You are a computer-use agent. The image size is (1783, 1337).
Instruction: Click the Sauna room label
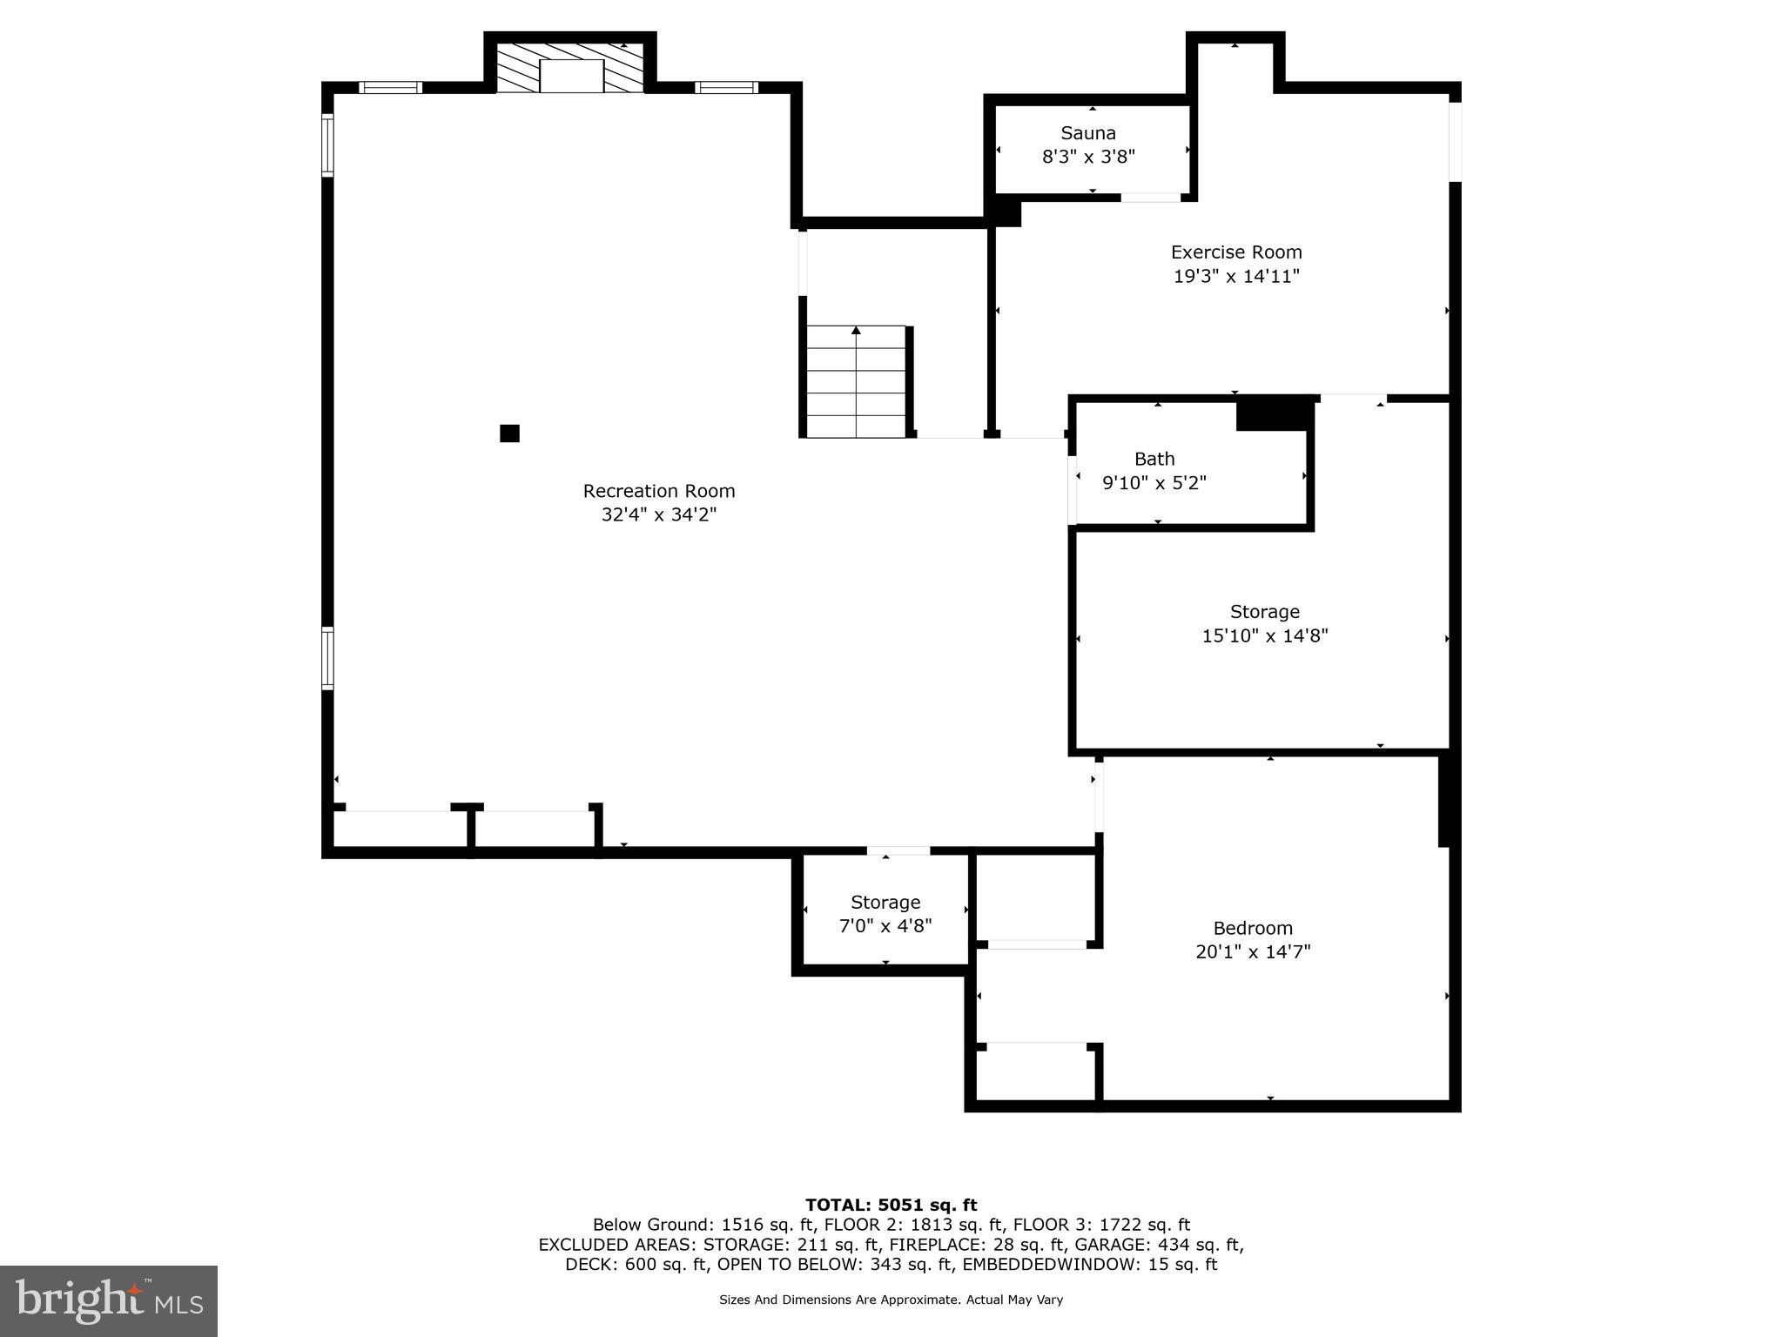click(x=1088, y=133)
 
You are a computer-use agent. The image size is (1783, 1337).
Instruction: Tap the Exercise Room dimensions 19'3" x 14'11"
click(x=1236, y=277)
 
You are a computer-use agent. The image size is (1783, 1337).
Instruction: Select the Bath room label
click(x=1154, y=459)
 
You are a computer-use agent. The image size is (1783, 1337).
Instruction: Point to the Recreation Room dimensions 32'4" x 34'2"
click(x=658, y=515)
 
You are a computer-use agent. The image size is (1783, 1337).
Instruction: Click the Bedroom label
click(x=1253, y=928)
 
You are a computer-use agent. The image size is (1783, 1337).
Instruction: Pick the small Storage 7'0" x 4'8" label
click(x=885, y=903)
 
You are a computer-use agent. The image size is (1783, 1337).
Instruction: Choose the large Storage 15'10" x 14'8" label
click(x=1264, y=612)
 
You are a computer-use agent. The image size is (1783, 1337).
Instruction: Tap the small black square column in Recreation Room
click(x=509, y=433)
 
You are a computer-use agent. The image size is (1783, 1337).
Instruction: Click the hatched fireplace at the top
click(x=570, y=67)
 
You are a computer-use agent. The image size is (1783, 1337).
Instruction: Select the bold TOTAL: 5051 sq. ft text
click(x=891, y=1205)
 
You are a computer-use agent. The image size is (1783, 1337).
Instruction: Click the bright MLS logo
click(x=109, y=1300)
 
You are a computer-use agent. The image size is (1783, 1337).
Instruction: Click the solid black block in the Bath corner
click(x=1275, y=413)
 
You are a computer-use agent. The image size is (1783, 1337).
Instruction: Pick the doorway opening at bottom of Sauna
click(x=1150, y=198)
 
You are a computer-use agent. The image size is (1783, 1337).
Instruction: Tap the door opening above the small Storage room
click(x=898, y=850)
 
